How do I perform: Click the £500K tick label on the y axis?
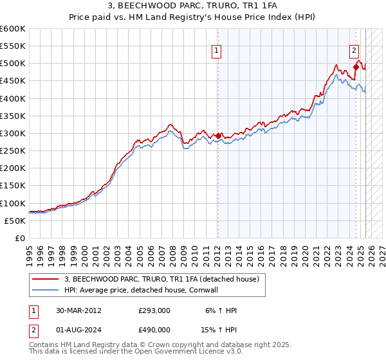[13, 64]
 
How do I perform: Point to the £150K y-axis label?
[13, 186]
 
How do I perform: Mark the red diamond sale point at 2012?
[218, 136]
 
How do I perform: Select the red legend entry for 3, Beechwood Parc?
[161, 279]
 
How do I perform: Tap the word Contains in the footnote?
[46, 345]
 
